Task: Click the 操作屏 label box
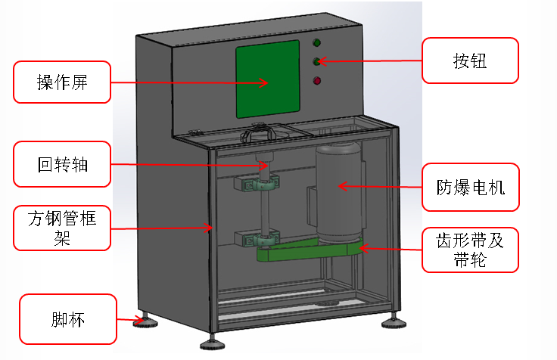[63, 82]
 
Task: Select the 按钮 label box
[470, 61]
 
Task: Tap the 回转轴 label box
[63, 164]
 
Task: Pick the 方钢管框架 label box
[63, 228]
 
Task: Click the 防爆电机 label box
[470, 187]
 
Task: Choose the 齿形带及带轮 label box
[470, 250]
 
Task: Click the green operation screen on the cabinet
[268, 79]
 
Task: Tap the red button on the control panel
[317, 80]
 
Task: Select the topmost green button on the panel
[317, 42]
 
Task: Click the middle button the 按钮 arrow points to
[317, 61]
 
